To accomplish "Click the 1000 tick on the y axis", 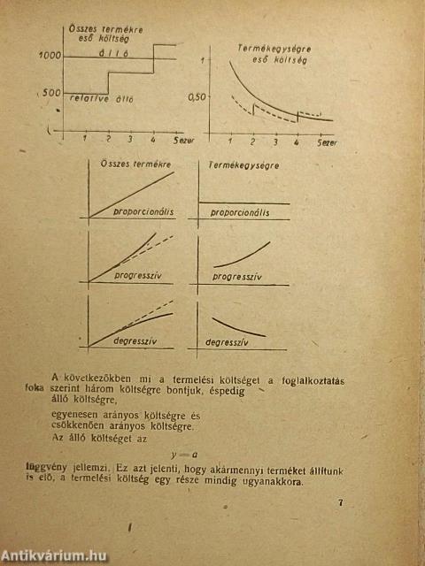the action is (49, 56).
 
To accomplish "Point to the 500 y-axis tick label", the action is (51, 92).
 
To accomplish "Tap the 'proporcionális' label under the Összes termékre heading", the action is (142, 212).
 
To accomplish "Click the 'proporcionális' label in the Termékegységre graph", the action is (243, 212).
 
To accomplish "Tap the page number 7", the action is (341, 504).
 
